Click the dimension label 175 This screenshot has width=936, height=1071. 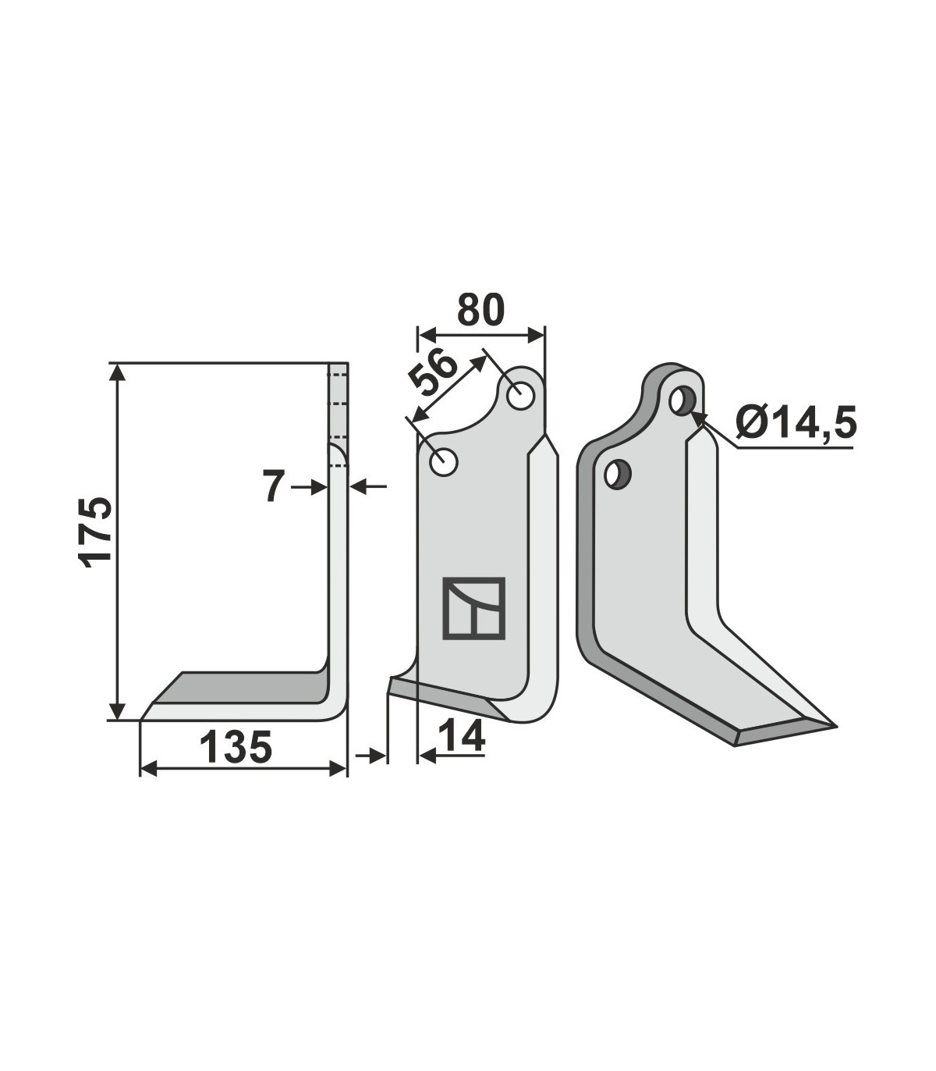point(96,532)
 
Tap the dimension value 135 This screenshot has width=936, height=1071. point(236,747)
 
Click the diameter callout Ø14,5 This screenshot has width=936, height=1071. point(796,423)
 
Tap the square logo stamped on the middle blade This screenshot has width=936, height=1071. point(473,608)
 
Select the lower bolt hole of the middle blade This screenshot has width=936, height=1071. point(443,463)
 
